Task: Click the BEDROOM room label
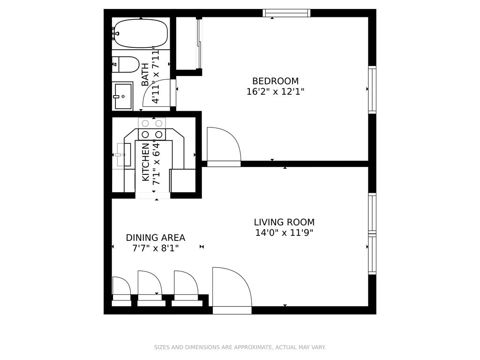click(x=275, y=81)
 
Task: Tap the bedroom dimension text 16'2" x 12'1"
click(x=275, y=91)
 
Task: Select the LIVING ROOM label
click(x=284, y=222)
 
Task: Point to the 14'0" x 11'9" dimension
click(x=284, y=232)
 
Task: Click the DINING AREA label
click(x=156, y=238)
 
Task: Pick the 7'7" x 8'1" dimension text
click(x=156, y=248)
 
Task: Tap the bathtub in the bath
click(x=140, y=34)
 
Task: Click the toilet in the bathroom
click(x=126, y=64)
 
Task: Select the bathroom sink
click(x=123, y=96)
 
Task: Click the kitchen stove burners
click(x=152, y=129)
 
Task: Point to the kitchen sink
click(x=124, y=155)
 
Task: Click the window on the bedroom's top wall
click(x=286, y=13)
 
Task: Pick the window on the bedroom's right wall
click(x=372, y=90)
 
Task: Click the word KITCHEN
click(x=146, y=162)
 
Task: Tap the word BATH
click(x=145, y=75)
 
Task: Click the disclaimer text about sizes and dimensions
click(x=240, y=347)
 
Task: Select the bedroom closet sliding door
click(x=199, y=44)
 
